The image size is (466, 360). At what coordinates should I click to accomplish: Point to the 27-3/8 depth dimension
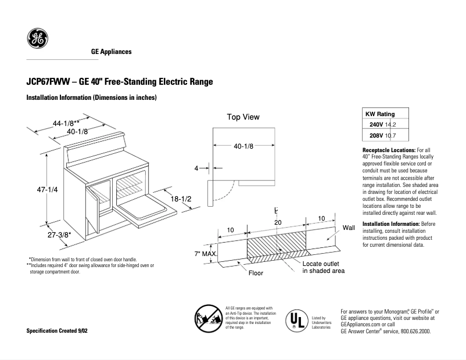pyautogui.click(x=59, y=235)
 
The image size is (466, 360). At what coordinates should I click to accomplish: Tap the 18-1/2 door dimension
pyautogui.click(x=181, y=199)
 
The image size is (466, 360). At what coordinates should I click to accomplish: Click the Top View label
pyautogui.click(x=243, y=117)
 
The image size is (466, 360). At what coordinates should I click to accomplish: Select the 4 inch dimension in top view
pyautogui.click(x=196, y=168)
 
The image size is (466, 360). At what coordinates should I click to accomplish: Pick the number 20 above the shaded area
pyautogui.click(x=278, y=222)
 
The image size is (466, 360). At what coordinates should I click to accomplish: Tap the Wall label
pyautogui.click(x=349, y=228)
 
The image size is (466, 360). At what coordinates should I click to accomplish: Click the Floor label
pyautogui.click(x=256, y=272)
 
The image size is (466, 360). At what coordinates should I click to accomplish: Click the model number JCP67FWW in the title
pyautogui.click(x=49, y=82)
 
